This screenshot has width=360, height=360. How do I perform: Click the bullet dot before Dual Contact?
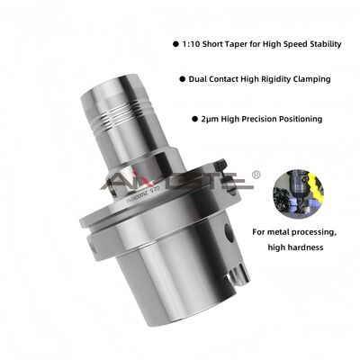click(x=182, y=79)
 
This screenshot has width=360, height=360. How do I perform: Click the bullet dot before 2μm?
click(x=193, y=118)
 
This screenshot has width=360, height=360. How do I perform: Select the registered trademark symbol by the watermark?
click(x=256, y=174)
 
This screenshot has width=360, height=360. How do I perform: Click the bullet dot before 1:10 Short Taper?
click(x=173, y=43)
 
